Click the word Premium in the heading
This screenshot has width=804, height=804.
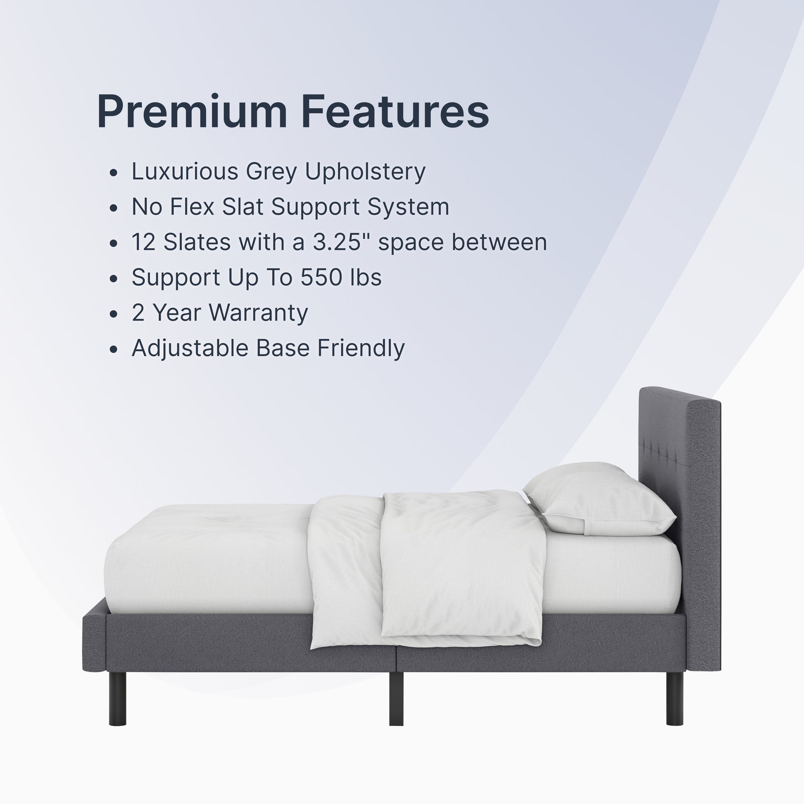point(192,112)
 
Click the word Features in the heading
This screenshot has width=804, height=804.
point(395,112)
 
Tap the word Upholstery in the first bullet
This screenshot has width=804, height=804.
point(365,172)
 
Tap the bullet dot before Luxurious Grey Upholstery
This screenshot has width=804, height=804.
point(114,173)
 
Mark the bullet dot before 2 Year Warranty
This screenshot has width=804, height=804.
point(114,314)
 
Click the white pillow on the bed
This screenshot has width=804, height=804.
point(599,499)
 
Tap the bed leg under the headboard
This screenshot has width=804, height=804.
point(675,698)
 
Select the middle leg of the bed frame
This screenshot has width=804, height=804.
point(396,698)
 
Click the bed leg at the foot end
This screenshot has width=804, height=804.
point(117,698)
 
